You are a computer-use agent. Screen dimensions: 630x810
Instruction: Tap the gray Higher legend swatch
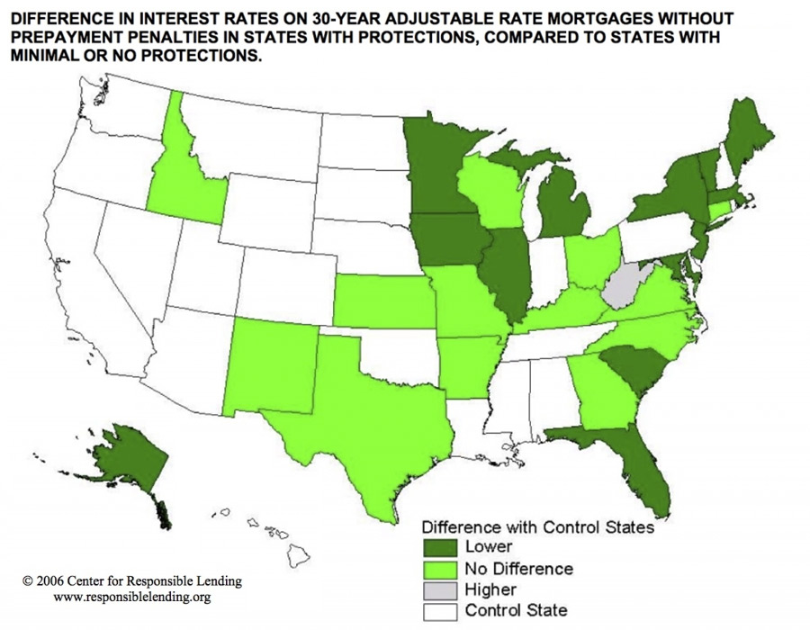(443, 590)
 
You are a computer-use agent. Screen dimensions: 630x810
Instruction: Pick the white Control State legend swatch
(443, 611)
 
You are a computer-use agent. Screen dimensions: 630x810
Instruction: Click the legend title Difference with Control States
(538, 527)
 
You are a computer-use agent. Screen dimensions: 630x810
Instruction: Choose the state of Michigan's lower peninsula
(565, 202)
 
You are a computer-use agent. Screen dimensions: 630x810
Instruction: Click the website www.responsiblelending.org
(133, 597)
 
